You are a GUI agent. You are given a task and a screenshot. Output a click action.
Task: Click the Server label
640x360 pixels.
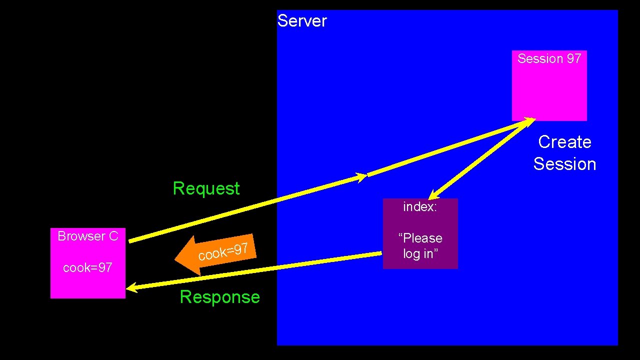click(302, 21)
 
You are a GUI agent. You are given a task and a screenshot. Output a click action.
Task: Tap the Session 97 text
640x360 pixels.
click(549, 58)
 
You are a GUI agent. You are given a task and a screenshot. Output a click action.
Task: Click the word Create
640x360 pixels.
click(564, 142)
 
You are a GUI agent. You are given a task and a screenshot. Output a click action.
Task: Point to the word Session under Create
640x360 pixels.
click(564, 164)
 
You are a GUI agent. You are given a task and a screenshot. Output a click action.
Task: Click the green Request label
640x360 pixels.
click(206, 188)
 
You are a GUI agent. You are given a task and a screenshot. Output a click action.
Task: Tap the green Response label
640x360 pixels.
click(219, 297)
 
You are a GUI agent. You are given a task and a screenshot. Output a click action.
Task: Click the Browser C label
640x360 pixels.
click(87, 236)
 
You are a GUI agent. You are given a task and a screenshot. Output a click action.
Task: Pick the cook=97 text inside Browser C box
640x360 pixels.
click(87, 267)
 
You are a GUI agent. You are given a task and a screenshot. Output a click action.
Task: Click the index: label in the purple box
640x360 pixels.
click(420, 206)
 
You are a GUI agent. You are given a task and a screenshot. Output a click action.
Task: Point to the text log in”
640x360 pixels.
click(420, 253)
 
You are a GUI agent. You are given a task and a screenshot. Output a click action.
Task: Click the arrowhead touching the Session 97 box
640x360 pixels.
click(529, 120)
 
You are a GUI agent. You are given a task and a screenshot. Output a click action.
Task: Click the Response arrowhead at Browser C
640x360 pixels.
click(131, 287)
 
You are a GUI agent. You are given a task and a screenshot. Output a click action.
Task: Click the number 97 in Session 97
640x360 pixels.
click(573, 58)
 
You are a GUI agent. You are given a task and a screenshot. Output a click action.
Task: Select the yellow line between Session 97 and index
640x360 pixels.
click(480, 158)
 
